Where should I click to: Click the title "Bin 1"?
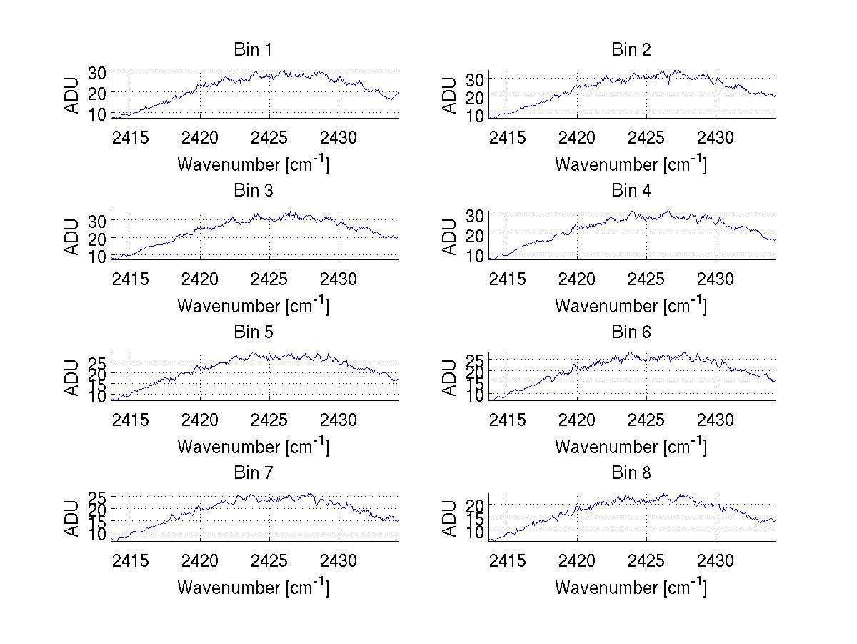[252, 50]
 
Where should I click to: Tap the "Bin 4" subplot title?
[631, 191]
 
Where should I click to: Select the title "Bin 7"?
[252, 473]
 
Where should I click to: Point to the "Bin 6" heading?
[631, 332]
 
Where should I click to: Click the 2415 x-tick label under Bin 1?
[131, 137]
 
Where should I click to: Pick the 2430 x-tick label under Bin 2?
[715, 137]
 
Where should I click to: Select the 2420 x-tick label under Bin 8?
[577, 560]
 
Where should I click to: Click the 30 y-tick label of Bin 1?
[97, 72]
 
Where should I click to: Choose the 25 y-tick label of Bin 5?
[97, 360]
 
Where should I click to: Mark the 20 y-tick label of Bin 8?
[476, 505]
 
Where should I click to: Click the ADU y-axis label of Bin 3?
[71, 237]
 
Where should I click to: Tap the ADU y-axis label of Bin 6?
[449, 377]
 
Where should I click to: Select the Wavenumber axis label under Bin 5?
[253, 447]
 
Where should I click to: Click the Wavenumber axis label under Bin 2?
[631, 164]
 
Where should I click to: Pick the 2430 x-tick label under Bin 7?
[338, 560]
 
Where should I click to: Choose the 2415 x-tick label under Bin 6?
[508, 420]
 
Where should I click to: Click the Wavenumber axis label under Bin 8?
[631, 588]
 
